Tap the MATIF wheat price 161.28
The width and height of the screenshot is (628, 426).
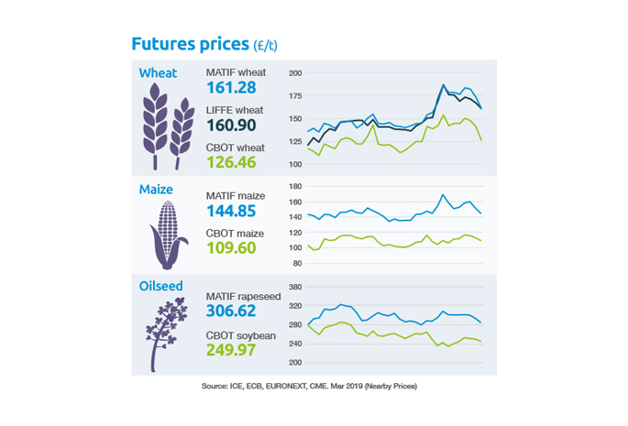233,89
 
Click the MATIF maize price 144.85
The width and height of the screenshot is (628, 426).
234,212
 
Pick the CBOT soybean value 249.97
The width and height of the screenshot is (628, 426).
235,352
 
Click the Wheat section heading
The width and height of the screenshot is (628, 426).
159,73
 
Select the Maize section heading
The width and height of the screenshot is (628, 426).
157,190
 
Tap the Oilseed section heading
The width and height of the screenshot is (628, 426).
161,287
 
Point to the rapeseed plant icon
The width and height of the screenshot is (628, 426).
166,334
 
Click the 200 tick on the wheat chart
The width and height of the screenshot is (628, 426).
295,73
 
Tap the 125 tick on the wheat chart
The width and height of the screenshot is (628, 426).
295,141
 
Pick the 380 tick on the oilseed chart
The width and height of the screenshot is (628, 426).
295,286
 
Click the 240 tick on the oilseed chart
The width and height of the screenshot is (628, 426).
295,344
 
